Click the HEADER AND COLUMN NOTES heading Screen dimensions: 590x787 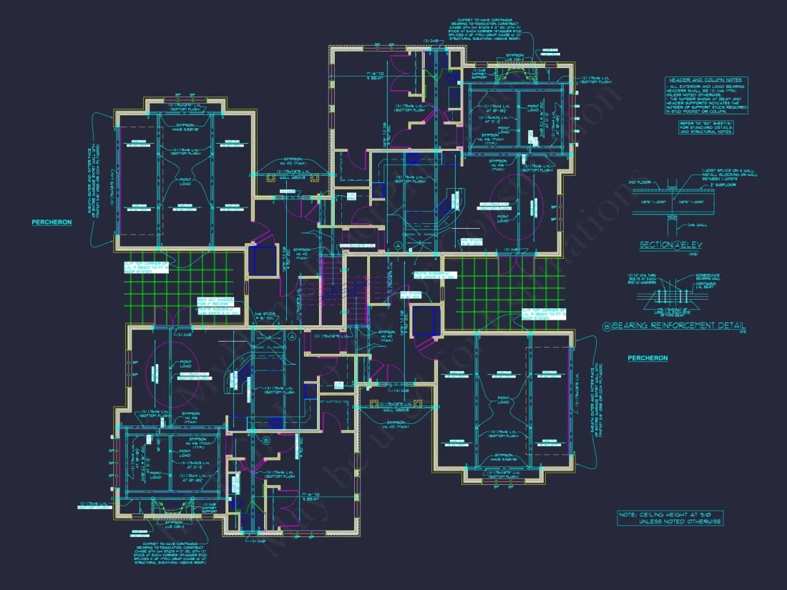705,80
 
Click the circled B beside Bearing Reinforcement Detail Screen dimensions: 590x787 607,326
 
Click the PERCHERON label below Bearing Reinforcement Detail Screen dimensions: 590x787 647,358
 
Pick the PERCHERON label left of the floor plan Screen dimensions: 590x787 52,222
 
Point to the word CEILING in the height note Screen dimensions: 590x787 652,514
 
